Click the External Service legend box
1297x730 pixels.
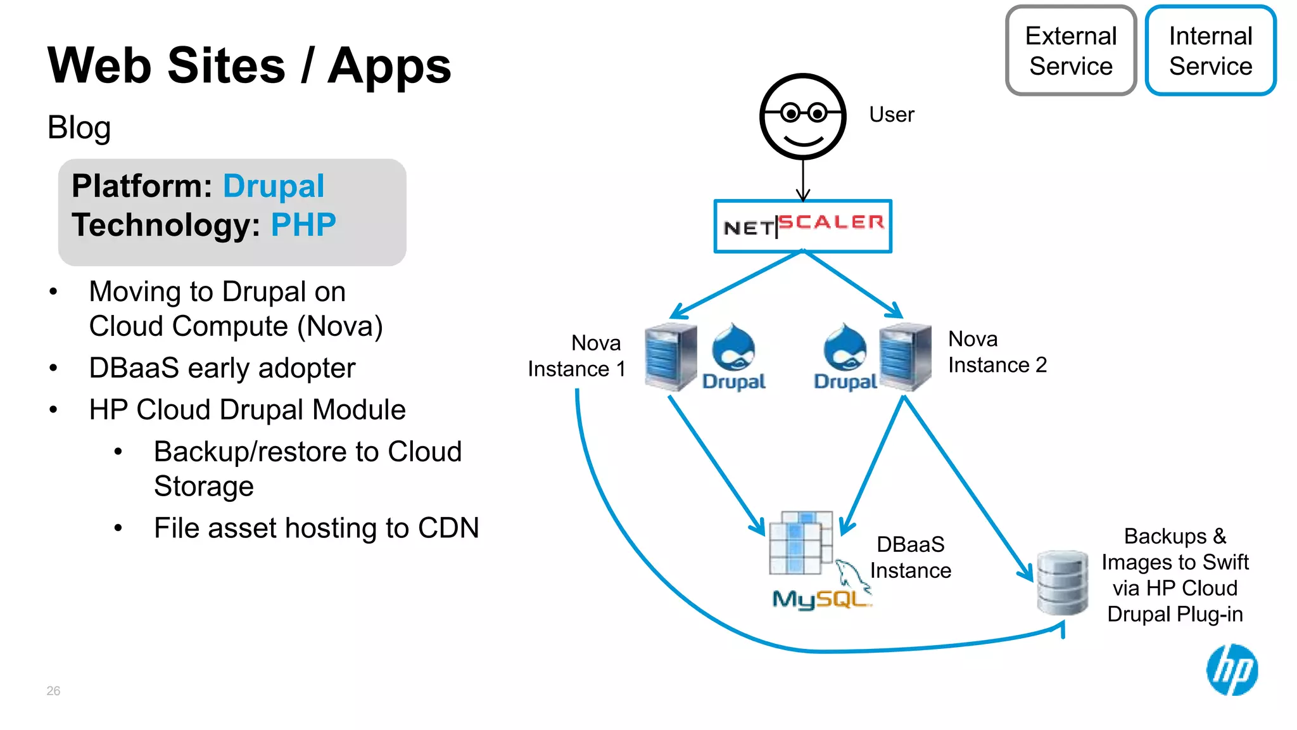pyautogui.click(x=1070, y=51)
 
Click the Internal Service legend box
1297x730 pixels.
pyautogui.click(x=1210, y=51)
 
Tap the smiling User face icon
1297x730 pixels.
pyautogui.click(x=802, y=117)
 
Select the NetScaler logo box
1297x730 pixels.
pyautogui.click(x=802, y=226)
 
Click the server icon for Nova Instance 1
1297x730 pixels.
pyautogui.click(x=671, y=357)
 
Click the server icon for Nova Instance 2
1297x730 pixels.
pyautogui.click(x=906, y=357)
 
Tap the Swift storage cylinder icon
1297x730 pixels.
pyautogui.click(x=1063, y=582)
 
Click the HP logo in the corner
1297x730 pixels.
pyautogui.click(x=1232, y=670)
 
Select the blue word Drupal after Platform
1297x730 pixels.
pyautogui.click(x=274, y=186)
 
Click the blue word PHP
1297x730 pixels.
pyautogui.click(x=303, y=225)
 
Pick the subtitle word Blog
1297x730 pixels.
pyautogui.click(x=79, y=127)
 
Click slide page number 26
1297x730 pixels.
pyautogui.click(x=53, y=691)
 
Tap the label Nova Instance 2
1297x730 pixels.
pyautogui.click(x=997, y=352)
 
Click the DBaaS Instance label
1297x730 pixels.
pyautogui.click(x=910, y=558)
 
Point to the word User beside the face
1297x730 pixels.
pyautogui.click(x=891, y=115)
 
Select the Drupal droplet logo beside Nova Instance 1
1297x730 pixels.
pyautogui.click(x=733, y=349)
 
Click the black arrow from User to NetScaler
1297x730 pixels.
pyautogui.click(x=803, y=181)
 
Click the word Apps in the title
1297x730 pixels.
pyautogui.click(x=389, y=67)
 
